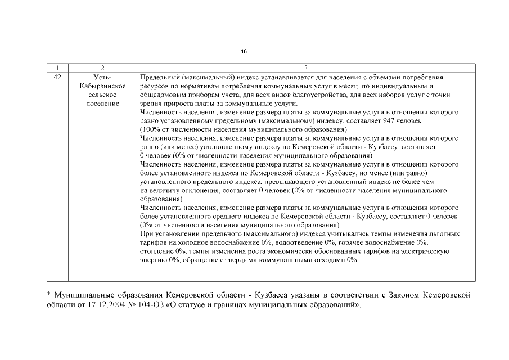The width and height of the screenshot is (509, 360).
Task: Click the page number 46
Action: point(243,51)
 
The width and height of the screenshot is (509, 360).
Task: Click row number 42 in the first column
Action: point(57,76)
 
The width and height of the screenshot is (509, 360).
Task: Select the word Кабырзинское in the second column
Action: point(102,85)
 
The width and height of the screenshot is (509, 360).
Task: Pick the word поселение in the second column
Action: point(102,103)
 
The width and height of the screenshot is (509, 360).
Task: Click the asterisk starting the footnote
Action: point(48,294)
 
